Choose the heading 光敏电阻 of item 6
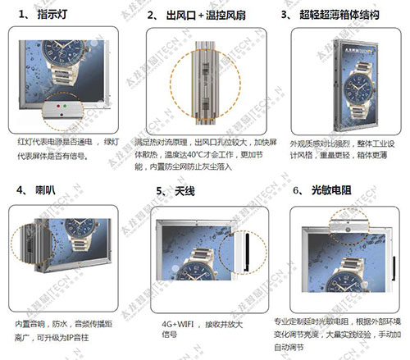pos(332,190)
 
